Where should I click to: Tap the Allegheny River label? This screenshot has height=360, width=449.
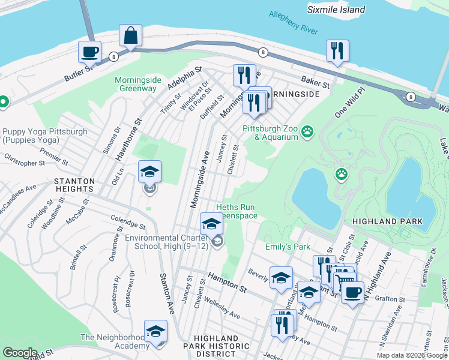[293, 22]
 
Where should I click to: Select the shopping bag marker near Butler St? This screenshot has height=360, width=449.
[130, 36]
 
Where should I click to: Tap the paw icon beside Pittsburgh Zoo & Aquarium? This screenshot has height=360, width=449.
[307, 130]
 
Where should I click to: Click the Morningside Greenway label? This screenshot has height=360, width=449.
[136, 84]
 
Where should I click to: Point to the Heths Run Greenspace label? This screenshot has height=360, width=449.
[236, 211]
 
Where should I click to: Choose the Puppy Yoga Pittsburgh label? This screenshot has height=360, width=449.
[44, 136]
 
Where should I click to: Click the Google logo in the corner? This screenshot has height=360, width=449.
[20, 352]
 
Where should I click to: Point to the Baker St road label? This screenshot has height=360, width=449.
[316, 82]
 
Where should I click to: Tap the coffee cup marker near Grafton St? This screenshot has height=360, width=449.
[352, 293]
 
